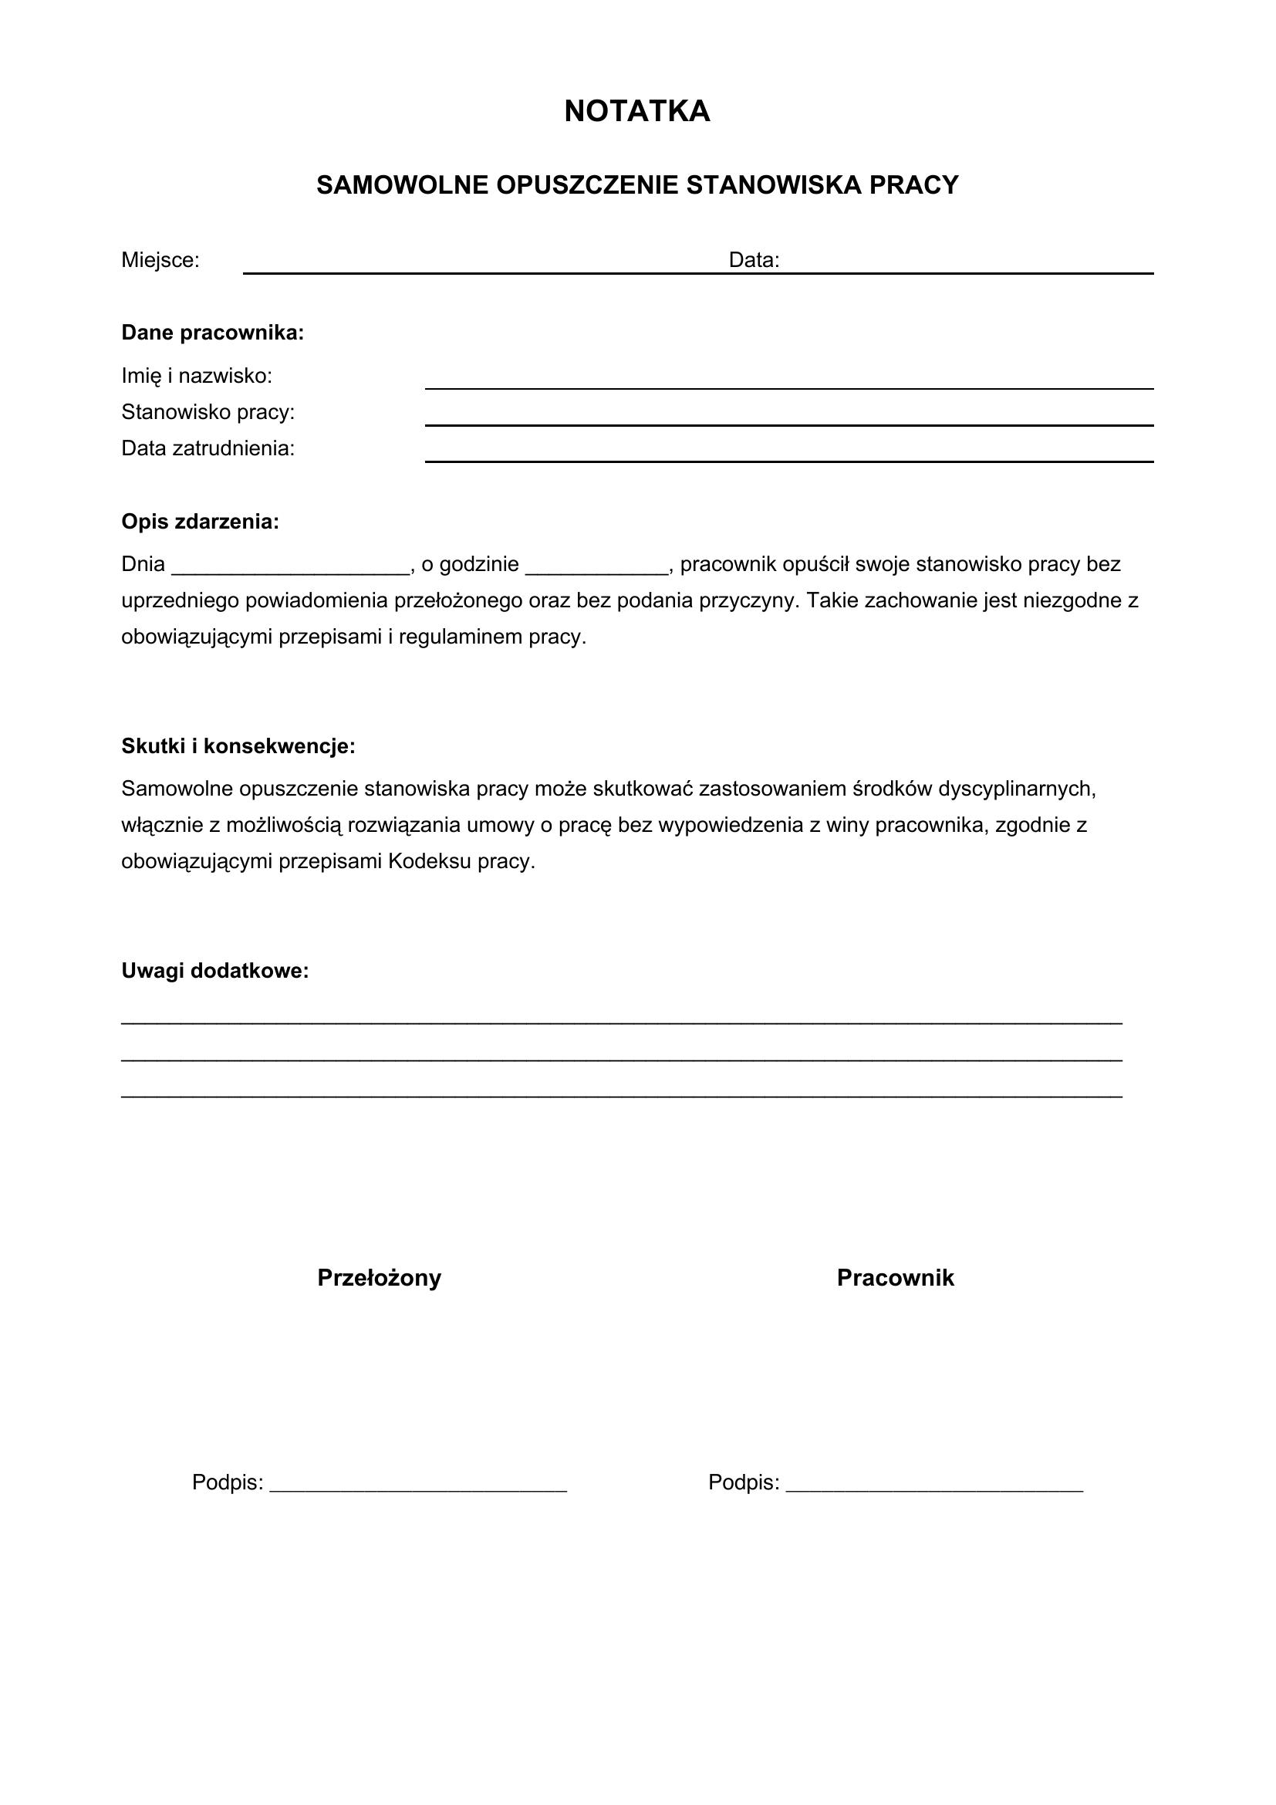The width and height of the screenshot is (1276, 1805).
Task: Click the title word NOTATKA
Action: (x=636, y=112)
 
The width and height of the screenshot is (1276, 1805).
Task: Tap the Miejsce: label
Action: (x=160, y=261)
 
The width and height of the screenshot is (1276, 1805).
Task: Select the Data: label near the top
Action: (x=754, y=261)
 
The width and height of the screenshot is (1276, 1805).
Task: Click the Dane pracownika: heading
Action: (x=212, y=333)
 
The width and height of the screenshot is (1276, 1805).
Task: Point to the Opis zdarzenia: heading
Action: (x=200, y=522)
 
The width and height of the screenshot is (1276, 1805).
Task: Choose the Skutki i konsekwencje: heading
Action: (x=238, y=747)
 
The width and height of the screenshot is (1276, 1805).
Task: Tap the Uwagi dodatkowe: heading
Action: (x=214, y=972)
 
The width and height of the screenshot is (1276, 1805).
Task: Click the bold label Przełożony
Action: (x=379, y=1278)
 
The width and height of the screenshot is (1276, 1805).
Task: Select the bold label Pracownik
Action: (x=895, y=1278)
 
